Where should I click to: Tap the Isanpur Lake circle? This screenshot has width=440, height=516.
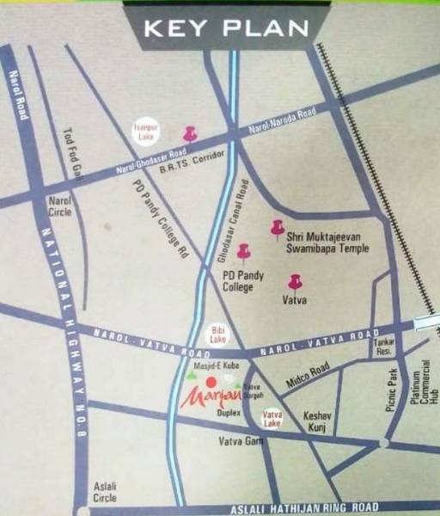[x=144, y=131]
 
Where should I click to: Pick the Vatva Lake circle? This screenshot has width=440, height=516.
[x=272, y=419]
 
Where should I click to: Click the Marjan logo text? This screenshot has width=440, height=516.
[x=206, y=397]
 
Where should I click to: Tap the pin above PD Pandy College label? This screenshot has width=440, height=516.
[x=244, y=250]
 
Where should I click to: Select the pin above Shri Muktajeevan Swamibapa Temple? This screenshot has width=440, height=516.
[x=277, y=227]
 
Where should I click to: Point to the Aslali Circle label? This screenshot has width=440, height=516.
[x=107, y=492]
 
